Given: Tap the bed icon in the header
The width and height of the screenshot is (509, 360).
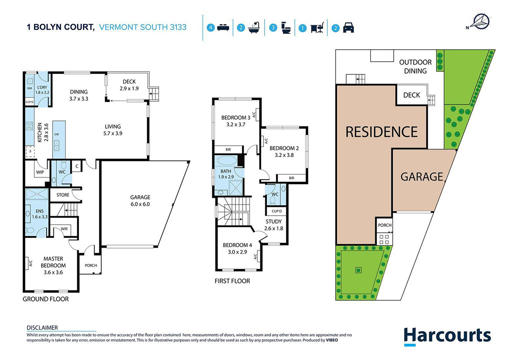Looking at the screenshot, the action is [x=223, y=28].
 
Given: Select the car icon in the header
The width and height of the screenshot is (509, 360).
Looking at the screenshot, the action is [x=348, y=28].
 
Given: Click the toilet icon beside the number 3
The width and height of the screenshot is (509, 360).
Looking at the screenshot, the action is [x=286, y=28].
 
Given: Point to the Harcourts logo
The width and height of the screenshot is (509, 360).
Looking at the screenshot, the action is [x=447, y=336].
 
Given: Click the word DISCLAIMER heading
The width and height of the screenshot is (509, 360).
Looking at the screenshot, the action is [x=42, y=328].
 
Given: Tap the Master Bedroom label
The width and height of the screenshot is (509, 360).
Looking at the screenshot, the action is [x=53, y=265].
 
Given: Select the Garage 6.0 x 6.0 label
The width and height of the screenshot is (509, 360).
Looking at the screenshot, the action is [x=140, y=201].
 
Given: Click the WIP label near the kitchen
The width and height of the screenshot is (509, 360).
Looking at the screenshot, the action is [x=40, y=172].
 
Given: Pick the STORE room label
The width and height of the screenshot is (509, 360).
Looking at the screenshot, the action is [x=63, y=195].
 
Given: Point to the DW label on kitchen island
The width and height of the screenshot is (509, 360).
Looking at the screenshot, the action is [x=57, y=134].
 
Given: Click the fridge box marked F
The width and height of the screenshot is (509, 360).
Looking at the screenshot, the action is [x=31, y=152].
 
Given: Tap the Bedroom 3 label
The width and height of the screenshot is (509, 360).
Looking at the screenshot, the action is [x=236, y=121].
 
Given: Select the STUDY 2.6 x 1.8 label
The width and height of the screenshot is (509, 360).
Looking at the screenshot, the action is [x=274, y=225].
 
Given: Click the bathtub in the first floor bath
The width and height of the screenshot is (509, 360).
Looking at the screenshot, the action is [x=227, y=160].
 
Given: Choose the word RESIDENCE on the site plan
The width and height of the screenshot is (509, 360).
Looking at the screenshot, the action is [x=381, y=132].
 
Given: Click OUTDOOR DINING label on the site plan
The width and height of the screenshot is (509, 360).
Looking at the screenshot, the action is [x=415, y=67].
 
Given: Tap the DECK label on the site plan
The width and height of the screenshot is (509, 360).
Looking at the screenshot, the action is [x=411, y=95].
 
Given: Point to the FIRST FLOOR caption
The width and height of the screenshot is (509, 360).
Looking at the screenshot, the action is [x=232, y=281].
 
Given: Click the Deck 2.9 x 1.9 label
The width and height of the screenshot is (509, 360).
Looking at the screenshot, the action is [x=129, y=85].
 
